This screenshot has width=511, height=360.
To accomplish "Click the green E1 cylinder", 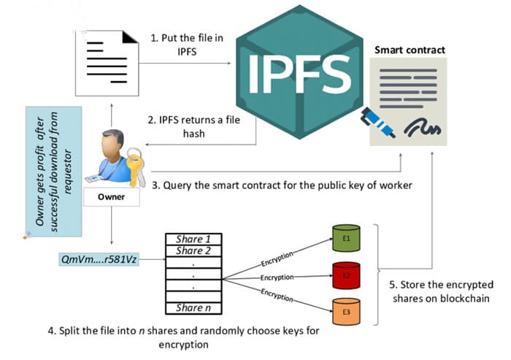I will coord(347,237).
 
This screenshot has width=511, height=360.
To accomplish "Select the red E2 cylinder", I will coord(347,276).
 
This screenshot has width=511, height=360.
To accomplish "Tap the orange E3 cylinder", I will coord(347,313).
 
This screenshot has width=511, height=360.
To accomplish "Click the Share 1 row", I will coord(193,240).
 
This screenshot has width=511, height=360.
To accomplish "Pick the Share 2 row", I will coord(193,251).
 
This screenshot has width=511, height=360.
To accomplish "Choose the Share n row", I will coord(193,307).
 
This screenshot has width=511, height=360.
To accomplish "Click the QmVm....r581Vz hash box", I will coord(99,258).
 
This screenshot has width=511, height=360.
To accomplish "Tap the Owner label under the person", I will coord(110,197).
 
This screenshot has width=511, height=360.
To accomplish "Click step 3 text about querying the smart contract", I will coord(282,185).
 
